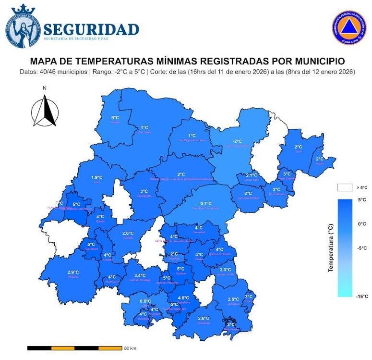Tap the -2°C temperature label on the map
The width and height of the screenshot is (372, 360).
point(237,141)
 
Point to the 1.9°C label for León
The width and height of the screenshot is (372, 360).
point(97,177)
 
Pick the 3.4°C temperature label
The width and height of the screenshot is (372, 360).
point(140,275)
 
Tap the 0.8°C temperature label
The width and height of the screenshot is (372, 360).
point(145,301)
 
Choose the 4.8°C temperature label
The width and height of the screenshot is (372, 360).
point(183,298)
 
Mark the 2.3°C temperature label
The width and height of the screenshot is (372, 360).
point(225,270)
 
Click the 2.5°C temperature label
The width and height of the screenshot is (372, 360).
point(233,299)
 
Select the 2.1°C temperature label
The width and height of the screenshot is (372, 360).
point(252,175)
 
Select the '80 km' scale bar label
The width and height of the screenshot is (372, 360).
point(130,348)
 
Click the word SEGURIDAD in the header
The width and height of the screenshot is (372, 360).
point(91,29)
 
